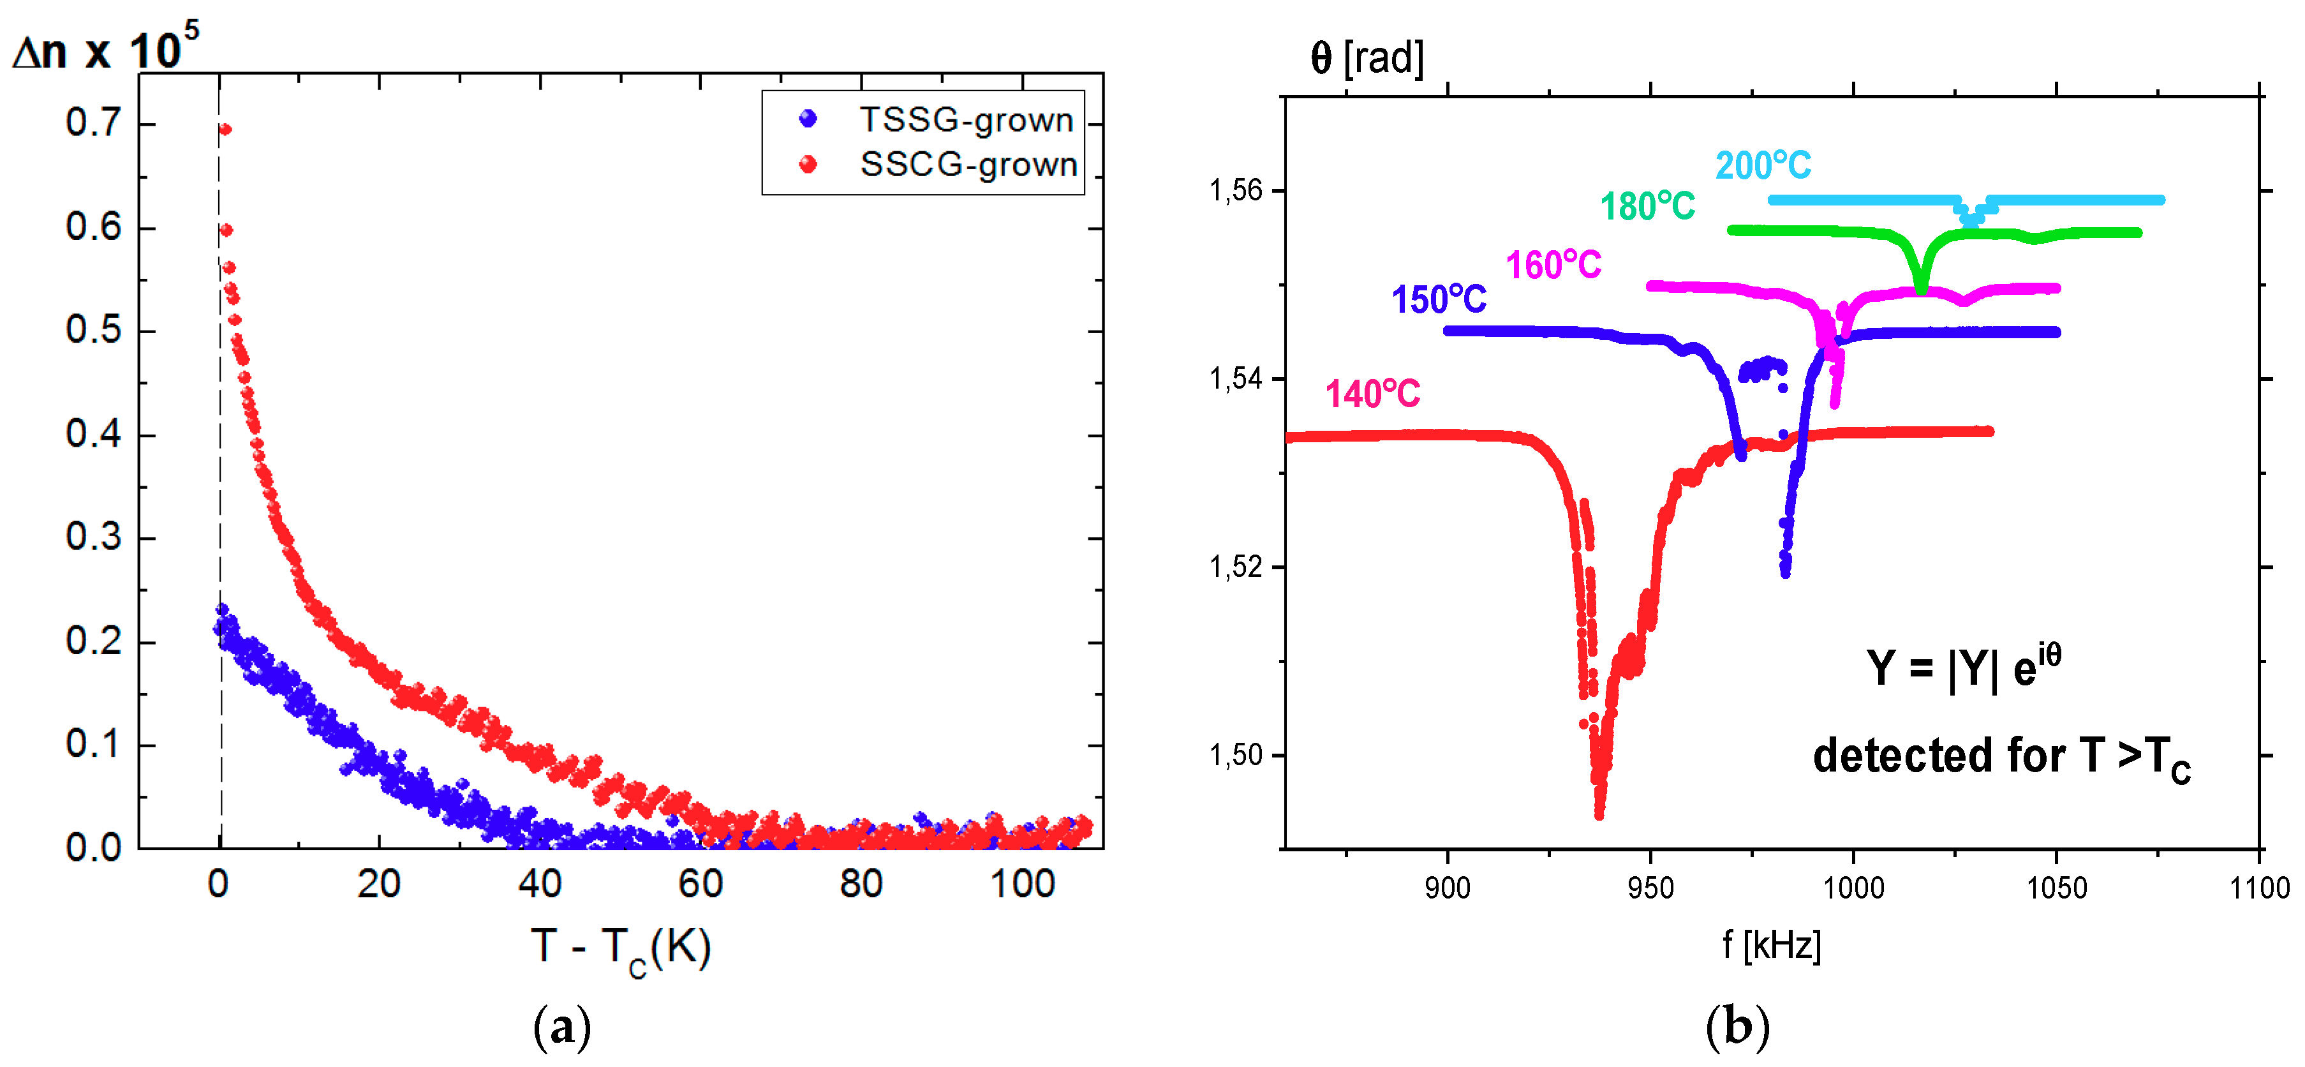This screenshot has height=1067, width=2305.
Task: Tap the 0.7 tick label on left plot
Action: [93, 123]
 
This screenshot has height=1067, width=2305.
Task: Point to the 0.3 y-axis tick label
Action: [93, 537]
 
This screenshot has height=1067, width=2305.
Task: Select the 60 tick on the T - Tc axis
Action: [700, 884]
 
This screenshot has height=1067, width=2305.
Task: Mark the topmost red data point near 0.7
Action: [225, 130]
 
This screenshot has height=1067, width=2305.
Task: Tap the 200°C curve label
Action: [1763, 165]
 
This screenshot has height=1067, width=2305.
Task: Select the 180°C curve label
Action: [1647, 207]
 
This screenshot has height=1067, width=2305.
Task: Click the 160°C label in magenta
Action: [1553, 265]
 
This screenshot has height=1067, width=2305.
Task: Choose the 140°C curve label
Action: [1372, 394]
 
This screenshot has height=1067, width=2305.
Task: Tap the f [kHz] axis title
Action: [1772, 945]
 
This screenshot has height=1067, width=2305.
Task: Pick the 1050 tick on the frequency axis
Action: [2056, 888]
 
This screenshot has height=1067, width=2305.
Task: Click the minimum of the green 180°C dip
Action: [1921, 288]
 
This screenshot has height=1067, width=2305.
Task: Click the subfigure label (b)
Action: [1737, 1027]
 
